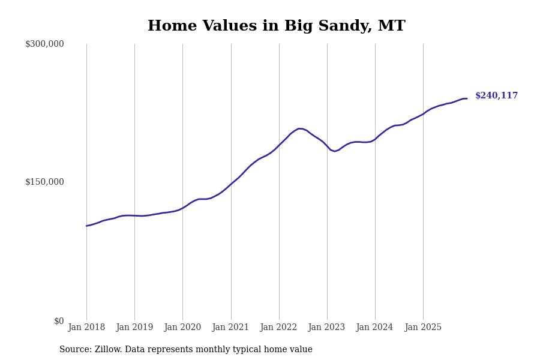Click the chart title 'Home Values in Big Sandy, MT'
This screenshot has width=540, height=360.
click(276, 26)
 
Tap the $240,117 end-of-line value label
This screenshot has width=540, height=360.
click(496, 96)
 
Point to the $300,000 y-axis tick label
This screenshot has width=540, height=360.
click(44, 44)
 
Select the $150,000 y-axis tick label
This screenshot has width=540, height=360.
click(44, 182)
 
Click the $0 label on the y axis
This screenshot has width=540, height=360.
click(59, 321)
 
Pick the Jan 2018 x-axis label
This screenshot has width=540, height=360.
click(86, 328)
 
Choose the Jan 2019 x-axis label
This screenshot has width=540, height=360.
click(134, 328)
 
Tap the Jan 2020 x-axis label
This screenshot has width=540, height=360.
click(182, 328)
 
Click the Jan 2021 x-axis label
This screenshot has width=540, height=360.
click(230, 328)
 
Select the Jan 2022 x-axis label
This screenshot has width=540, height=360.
click(278, 328)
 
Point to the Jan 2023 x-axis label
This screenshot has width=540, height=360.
click(326, 328)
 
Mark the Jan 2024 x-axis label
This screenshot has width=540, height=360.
click(374, 328)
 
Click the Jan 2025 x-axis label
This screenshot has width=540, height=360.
click(423, 328)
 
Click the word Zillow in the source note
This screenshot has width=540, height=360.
click(108, 350)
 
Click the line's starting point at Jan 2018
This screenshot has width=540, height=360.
click(86, 226)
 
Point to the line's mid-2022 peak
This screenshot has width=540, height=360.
click(299, 128)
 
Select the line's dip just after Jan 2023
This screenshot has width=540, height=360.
click(335, 151)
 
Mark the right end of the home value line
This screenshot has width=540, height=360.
click(467, 98)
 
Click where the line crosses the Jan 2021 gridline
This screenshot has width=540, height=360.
click(231, 183)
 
